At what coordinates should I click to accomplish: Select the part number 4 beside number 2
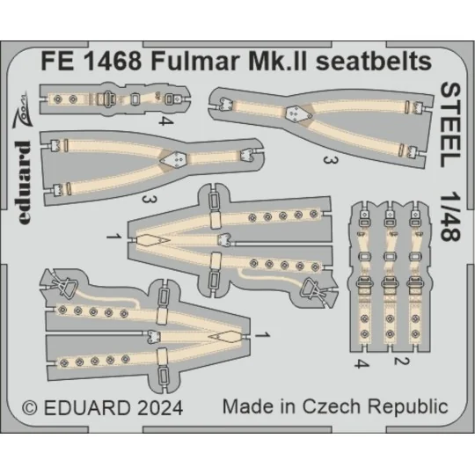click(x=359, y=362)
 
